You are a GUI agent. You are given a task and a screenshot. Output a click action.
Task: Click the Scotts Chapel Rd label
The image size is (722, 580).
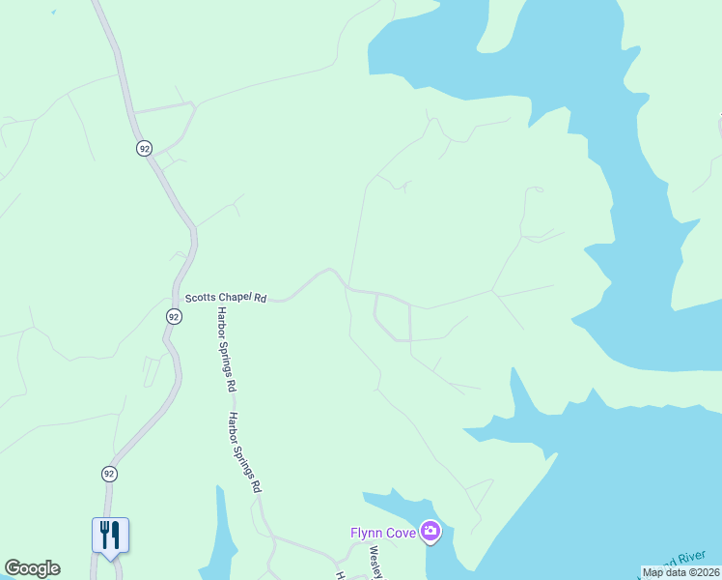tap(226, 299)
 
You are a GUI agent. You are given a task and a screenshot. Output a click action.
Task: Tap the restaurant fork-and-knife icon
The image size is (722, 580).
tap(110, 534)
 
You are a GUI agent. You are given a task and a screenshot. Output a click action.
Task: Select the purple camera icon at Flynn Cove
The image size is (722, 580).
tap(430, 531)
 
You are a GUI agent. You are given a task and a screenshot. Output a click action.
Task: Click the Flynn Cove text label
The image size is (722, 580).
tap(383, 532)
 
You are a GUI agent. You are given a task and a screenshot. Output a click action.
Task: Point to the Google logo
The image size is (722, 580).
tap(32, 568)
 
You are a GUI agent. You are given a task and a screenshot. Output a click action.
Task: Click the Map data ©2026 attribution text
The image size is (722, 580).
tap(681, 572)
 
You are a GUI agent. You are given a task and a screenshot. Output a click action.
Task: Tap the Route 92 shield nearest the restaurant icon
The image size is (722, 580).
tap(109, 474)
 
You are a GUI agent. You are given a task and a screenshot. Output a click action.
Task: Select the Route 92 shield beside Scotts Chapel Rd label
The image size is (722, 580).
tap(173, 317)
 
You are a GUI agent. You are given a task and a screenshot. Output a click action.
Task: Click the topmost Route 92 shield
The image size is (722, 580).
tap(144, 148)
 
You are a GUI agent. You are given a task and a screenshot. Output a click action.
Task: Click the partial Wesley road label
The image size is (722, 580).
tap(376, 563)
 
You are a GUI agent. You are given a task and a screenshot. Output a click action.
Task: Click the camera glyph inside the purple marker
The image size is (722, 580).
tap(430, 531)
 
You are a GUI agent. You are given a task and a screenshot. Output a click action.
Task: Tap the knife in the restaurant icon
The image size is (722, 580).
tap(116, 533)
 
